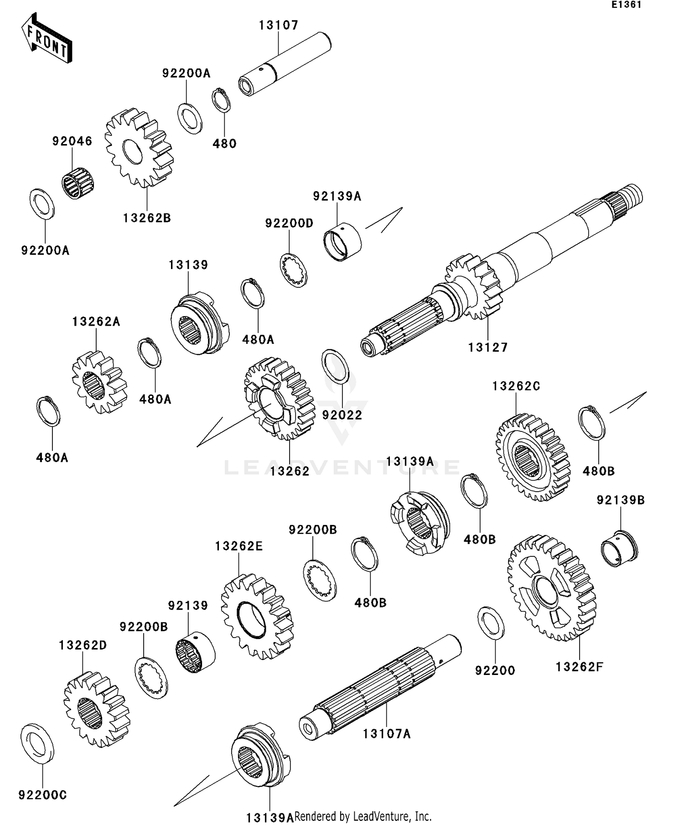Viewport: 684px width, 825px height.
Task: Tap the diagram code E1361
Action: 627,5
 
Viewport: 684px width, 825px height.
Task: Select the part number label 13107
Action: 279,25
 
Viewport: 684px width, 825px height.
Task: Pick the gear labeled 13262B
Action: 139,148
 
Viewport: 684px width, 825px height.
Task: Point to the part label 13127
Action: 488,348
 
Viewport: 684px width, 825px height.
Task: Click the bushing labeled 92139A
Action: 342,240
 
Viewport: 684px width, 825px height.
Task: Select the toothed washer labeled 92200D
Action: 293,270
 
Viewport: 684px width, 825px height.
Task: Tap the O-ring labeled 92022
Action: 336,367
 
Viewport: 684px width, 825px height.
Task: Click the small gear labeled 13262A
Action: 99,382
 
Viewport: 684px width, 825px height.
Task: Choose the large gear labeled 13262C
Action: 533,457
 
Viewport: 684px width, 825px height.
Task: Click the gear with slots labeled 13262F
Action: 551,588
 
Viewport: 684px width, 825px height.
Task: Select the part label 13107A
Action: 387,734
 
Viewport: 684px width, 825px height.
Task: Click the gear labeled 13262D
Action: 97,709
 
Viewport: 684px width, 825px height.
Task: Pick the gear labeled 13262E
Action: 257,617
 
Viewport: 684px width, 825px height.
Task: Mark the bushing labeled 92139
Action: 195,652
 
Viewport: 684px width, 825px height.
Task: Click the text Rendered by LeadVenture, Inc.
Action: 363,816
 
